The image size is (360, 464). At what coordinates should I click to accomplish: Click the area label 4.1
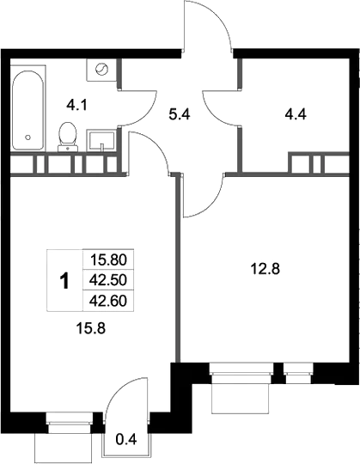coord(77,105)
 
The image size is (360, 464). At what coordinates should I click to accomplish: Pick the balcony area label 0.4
coord(125,441)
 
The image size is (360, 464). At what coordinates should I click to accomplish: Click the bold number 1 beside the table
coord(63,280)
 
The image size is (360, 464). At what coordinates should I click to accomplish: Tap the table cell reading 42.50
coord(108,280)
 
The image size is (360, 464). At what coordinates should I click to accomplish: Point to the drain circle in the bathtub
coord(27,137)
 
